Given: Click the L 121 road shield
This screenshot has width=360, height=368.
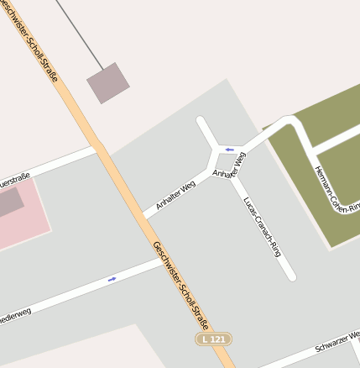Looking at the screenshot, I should (213, 339).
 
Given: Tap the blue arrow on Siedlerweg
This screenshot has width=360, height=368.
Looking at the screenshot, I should (112, 278).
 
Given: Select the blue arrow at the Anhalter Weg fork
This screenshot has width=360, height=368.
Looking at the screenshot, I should (229, 150).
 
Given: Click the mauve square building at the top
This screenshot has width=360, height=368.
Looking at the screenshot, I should (108, 82).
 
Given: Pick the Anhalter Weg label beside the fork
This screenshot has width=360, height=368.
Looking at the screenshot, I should (229, 165).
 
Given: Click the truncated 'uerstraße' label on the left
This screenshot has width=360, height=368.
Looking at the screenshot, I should (14, 181).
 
